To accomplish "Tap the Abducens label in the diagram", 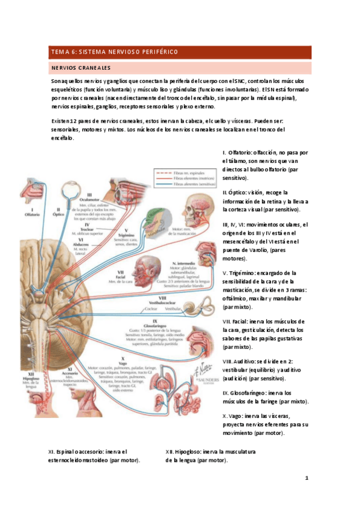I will (x=87, y=243).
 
